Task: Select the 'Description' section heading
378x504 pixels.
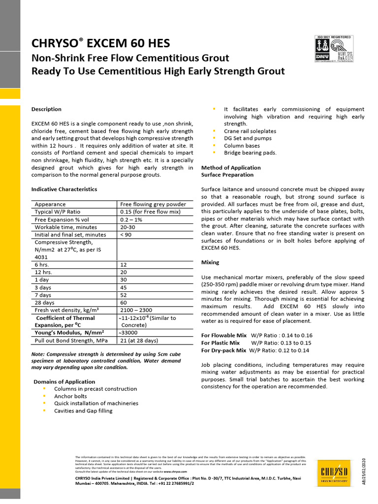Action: [46, 109]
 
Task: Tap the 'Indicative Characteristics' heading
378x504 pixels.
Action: [64, 189]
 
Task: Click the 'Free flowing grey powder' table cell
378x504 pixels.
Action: [153, 204]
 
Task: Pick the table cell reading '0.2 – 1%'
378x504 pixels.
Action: [131, 220]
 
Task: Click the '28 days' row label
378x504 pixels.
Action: [45, 302]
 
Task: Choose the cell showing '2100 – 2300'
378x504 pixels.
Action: [136, 310]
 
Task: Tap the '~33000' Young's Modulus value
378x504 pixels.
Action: [129, 333]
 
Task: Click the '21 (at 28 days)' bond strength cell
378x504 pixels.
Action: [139, 341]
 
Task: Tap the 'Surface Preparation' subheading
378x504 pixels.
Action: [227, 175]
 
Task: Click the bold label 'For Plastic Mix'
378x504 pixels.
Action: [220, 343]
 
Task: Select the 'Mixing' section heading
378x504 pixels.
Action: [210, 262]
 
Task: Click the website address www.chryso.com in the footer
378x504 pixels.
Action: [176, 471]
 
